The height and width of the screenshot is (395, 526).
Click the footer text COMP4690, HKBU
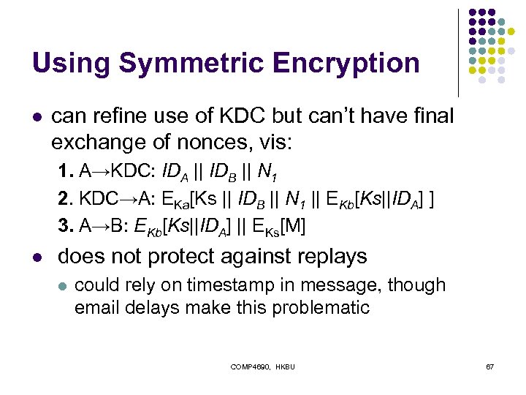(263, 366)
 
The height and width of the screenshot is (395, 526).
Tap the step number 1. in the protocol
(66, 173)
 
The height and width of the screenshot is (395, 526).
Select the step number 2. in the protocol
(66, 200)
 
